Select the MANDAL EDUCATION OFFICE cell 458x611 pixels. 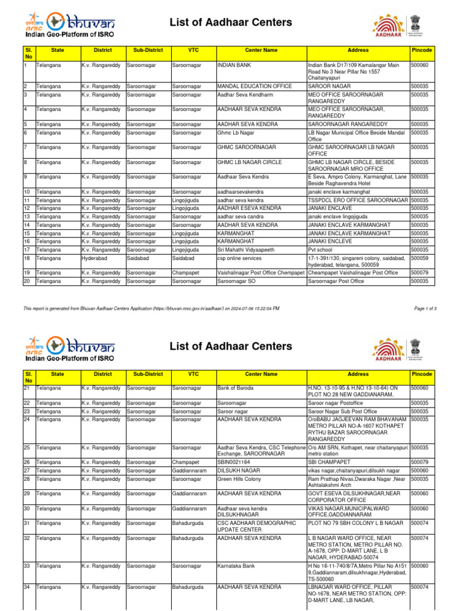point(254,87)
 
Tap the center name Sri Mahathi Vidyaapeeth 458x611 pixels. point(245,249)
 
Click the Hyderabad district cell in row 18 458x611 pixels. point(95,258)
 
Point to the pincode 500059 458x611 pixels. point(420,258)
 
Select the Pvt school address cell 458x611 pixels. point(320,249)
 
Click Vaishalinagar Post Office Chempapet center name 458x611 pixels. point(261,272)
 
